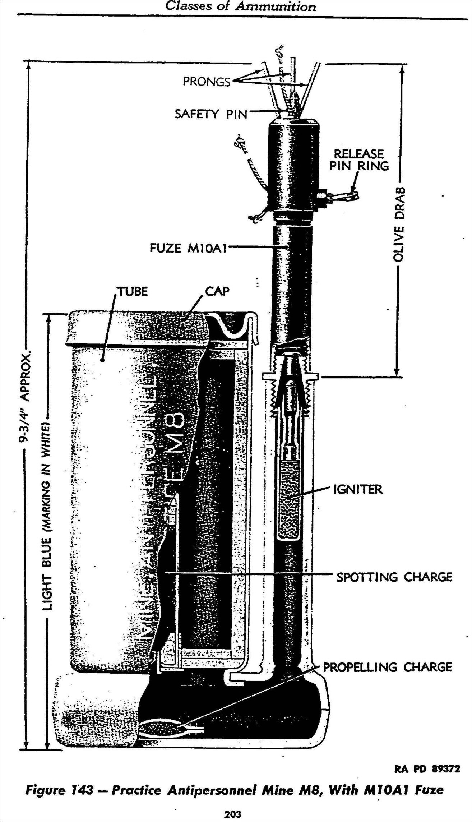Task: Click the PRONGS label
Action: point(206,82)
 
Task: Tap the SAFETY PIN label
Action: point(211,114)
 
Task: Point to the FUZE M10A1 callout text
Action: point(188,248)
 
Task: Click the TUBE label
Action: point(133,291)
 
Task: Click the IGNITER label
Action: point(358,489)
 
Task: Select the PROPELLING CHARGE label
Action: point(387,667)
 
